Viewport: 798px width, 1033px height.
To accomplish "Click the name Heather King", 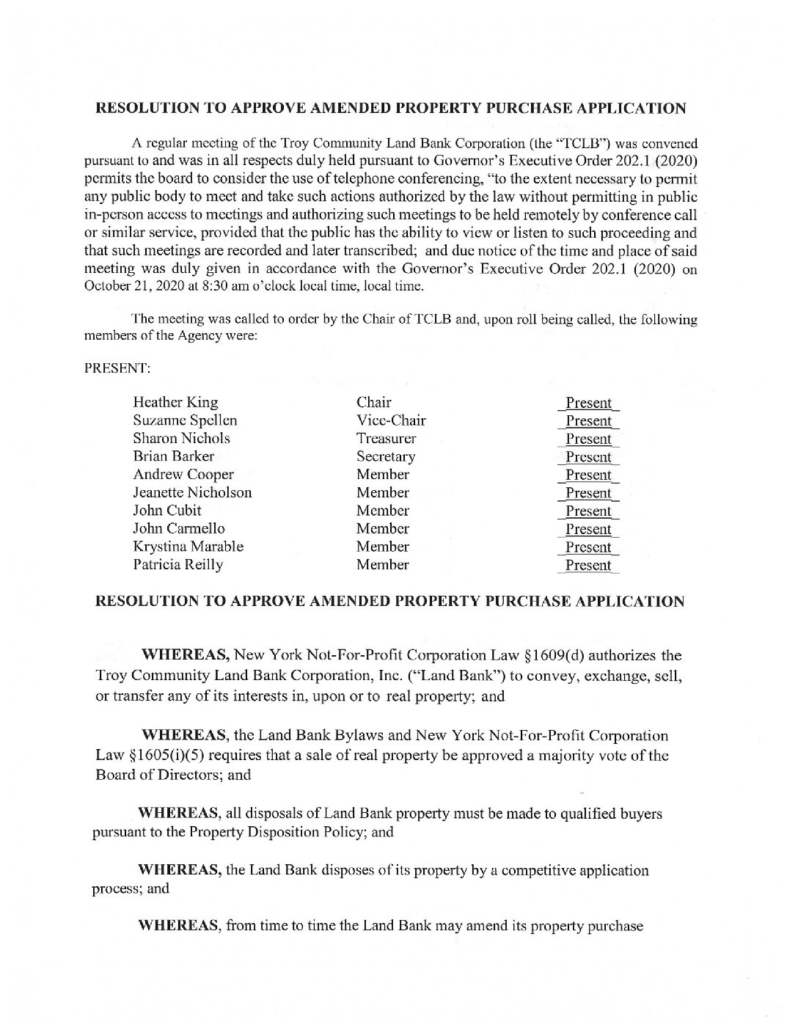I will (x=175, y=402).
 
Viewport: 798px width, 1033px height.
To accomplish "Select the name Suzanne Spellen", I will (x=185, y=420).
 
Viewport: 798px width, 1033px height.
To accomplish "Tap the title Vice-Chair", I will (x=391, y=420).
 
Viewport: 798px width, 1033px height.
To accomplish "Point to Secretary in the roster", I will (x=386, y=456).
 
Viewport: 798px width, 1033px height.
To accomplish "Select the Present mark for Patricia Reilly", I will (x=588, y=566).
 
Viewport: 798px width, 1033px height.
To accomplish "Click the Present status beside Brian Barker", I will (x=588, y=457).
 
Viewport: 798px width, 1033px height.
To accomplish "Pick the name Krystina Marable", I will (x=188, y=547).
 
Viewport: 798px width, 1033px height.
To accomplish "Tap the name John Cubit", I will (x=167, y=511).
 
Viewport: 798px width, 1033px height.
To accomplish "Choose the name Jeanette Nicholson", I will (x=192, y=492).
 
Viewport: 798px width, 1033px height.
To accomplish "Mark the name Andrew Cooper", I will (x=183, y=475).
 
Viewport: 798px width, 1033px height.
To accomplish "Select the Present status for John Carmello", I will (x=588, y=529).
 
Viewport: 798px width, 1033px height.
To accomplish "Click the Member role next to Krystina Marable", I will (x=382, y=547).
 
